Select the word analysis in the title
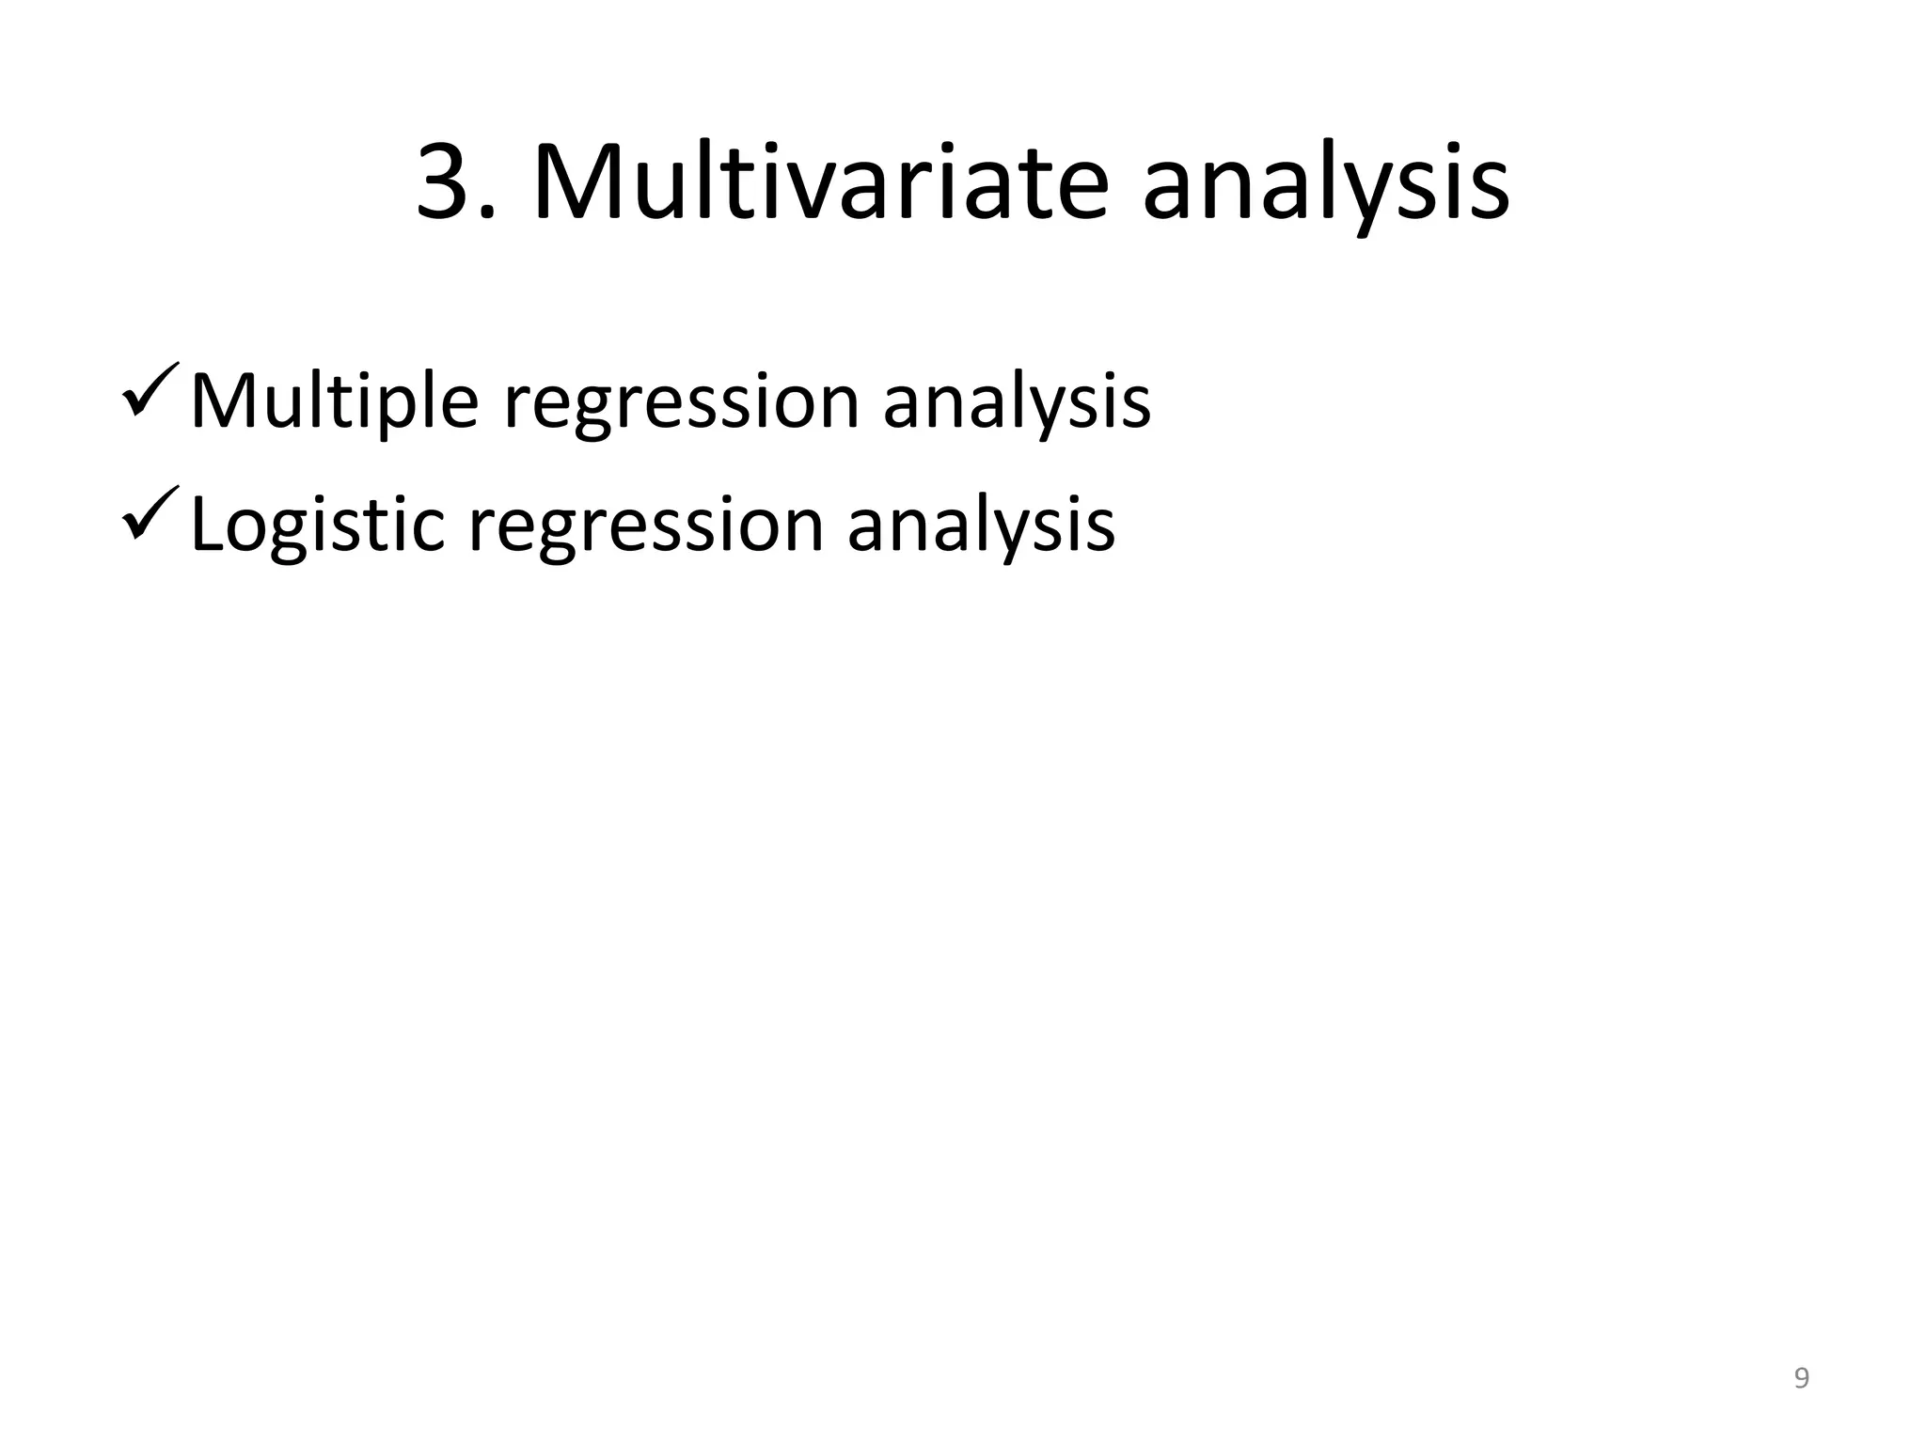coord(1325,188)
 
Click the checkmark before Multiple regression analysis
coord(150,390)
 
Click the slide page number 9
coord(1801,1378)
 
